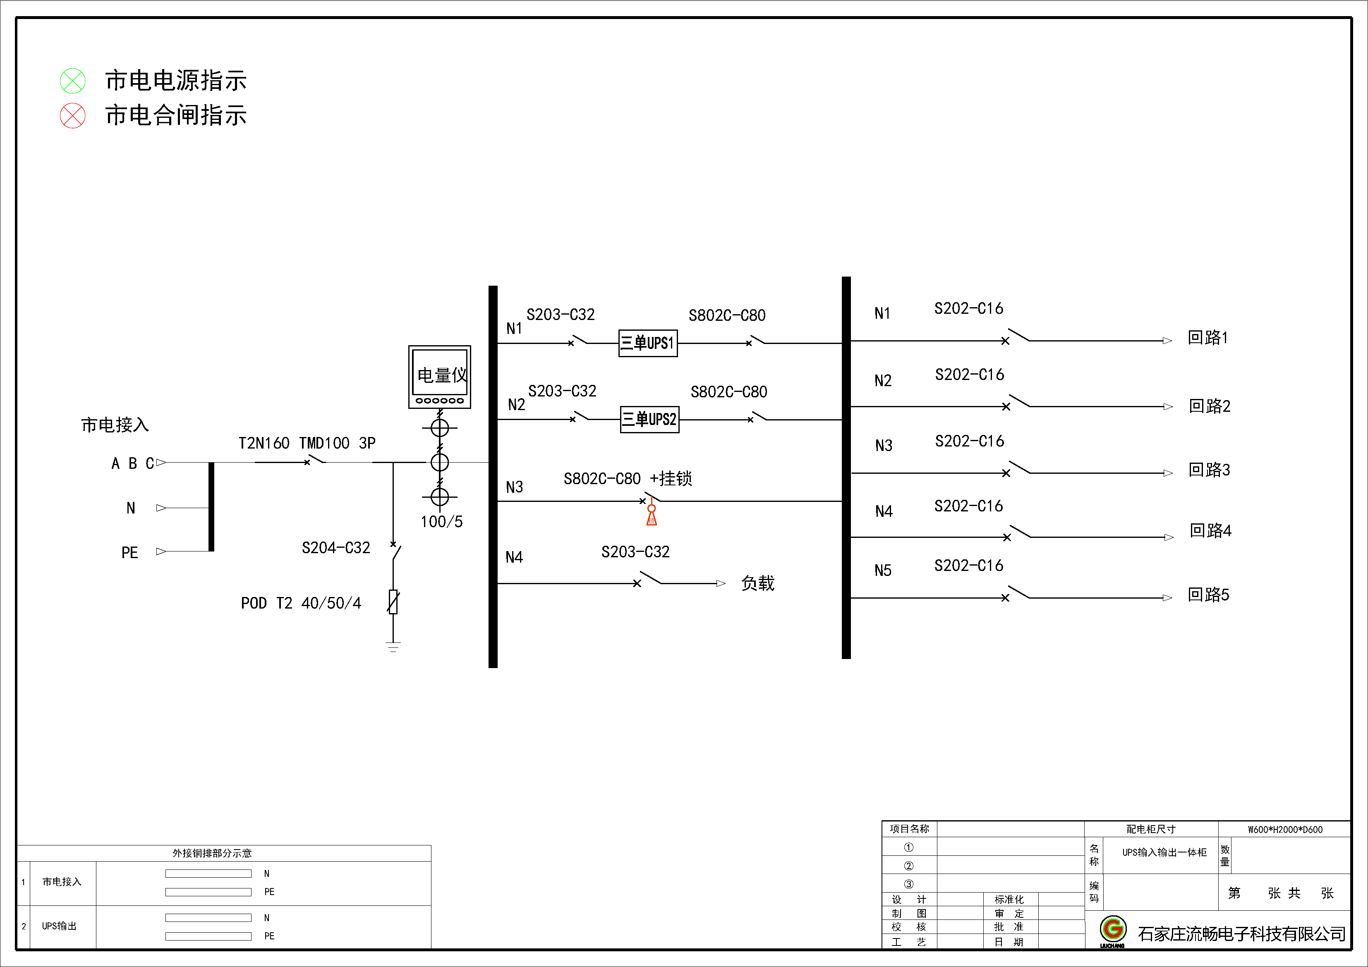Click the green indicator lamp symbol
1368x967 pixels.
[x=73, y=81]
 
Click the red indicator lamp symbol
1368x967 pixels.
[x=73, y=115]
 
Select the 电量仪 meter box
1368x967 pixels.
[x=440, y=376]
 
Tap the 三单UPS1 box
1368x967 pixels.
[x=648, y=343]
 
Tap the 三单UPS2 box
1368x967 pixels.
[x=649, y=419]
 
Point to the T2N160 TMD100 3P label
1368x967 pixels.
[x=307, y=443]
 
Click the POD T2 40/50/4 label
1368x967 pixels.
[x=301, y=603]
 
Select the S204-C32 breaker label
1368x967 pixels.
[x=335, y=548]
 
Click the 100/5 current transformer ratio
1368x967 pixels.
[x=441, y=522]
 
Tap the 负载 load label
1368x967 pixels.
[x=757, y=583]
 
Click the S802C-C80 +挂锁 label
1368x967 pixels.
[x=628, y=479]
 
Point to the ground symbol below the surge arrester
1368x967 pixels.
[x=393, y=647]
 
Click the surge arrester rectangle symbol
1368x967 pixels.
[x=393, y=602]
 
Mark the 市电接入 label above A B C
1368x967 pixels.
[x=115, y=425]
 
